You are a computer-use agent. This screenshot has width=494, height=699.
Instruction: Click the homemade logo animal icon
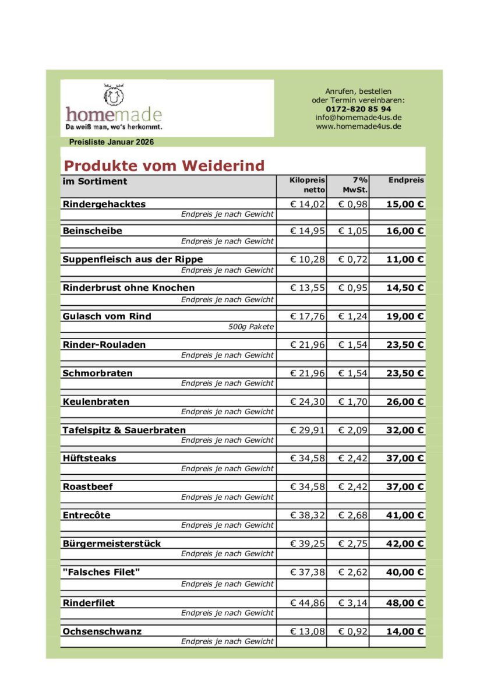[x=114, y=94]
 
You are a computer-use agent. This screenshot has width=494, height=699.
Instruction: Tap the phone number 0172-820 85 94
[x=358, y=109]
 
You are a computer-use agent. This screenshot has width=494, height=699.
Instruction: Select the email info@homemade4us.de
[x=358, y=117]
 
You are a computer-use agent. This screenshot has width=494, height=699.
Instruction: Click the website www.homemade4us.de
[x=358, y=126]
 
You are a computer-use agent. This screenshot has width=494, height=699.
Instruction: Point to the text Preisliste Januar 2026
[x=111, y=142]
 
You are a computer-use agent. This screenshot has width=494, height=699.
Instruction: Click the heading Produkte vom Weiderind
[x=164, y=165]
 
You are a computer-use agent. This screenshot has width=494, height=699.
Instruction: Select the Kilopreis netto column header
[x=307, y=185]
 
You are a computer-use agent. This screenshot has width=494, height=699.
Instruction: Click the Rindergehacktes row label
[x=104, y=204]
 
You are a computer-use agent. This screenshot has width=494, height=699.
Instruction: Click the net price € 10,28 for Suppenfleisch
[x=308, y=259]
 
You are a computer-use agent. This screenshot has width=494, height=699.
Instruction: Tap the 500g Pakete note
[x=251, y=327]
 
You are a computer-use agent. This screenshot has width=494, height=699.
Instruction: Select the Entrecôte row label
[x=86, y=515]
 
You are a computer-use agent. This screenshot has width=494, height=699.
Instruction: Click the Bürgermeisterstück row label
[x=112, y=543]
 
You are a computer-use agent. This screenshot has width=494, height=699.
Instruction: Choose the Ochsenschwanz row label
[x=102, y=631]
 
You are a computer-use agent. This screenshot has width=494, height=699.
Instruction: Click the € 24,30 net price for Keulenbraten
[x=308, y=401]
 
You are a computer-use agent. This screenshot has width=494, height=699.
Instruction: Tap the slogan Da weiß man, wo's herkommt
[x=114, y=126]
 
